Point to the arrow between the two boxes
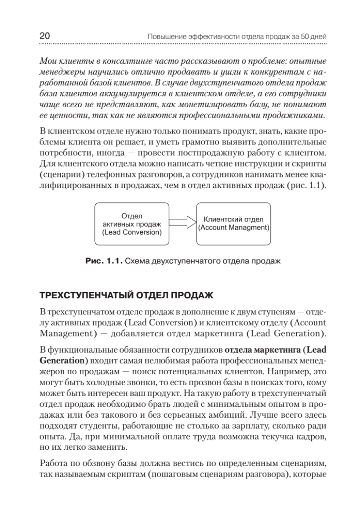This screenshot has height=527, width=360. tap(182, 223)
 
